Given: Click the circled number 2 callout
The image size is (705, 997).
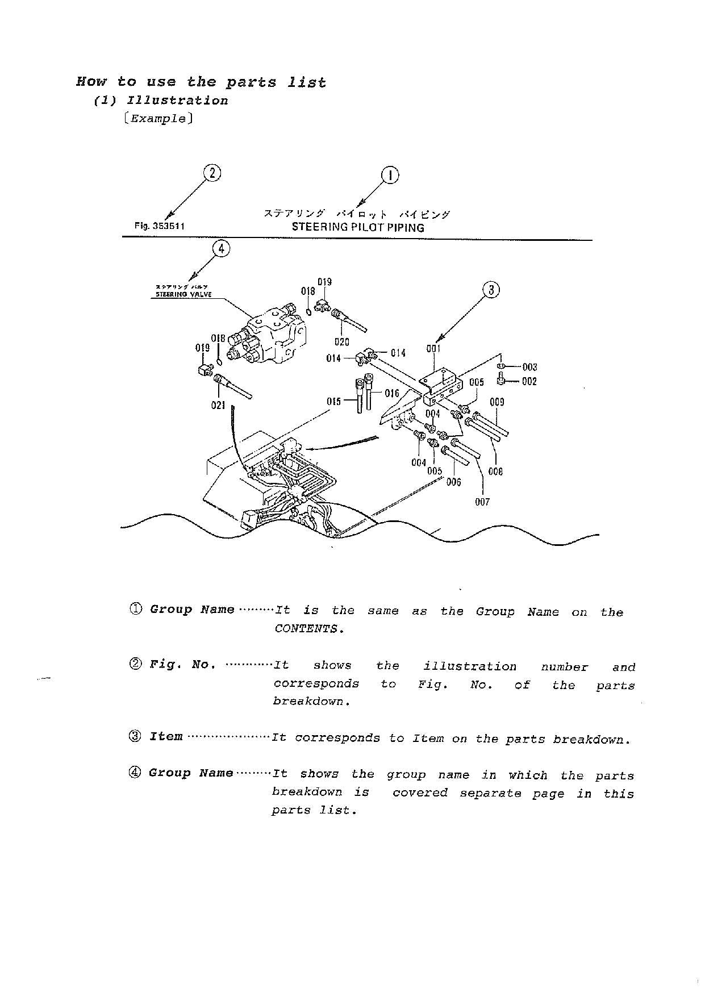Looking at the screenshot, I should coord(212,173).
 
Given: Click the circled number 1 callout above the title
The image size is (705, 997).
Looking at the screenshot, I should coord(390,176).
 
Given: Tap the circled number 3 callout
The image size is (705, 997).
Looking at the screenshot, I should coord(491,290).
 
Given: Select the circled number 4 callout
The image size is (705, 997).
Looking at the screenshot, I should coord(221,248).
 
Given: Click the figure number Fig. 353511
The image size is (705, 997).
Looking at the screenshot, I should coord(160,226).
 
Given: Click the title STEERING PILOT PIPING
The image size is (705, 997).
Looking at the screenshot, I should coord(358,228).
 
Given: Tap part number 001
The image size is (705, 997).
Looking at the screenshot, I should coord(433,349).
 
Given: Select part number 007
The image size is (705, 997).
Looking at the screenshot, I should coord(482,502).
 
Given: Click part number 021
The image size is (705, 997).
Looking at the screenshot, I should coord(218,406).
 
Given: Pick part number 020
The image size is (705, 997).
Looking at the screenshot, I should coord(341,342).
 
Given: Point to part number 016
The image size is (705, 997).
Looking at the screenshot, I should coord(392,393).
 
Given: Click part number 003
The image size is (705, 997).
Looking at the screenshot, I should coord(529,367).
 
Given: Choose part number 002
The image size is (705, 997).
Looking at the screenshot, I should coord(529,382).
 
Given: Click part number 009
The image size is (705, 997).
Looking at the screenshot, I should coord(497,402).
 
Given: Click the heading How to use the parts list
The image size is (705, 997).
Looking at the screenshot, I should coord(201,82).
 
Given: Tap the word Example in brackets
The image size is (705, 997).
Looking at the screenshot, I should coord(158,119).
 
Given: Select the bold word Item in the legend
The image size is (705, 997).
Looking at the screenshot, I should coord(166,737).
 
